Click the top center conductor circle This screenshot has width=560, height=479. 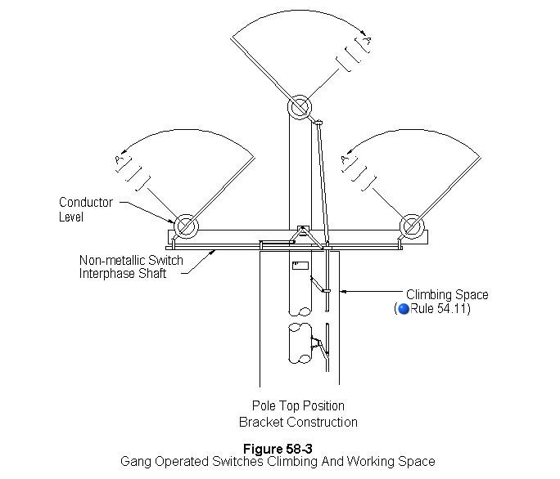(299, 106)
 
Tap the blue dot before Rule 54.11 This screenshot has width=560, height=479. (402, 309)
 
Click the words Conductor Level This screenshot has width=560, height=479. (85, 209)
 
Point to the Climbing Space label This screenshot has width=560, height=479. (447, 294)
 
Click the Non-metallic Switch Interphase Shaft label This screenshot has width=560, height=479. (131, 266)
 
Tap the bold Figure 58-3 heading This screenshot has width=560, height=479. (278, 449)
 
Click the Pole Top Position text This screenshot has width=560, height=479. (298, 405)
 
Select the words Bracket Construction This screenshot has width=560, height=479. (298, 422)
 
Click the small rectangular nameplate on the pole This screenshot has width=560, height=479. (300, 266)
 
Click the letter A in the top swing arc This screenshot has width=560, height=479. (368, 38)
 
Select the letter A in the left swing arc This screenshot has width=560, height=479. (120, 160)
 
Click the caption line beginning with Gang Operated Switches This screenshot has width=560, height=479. (278, 462)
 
